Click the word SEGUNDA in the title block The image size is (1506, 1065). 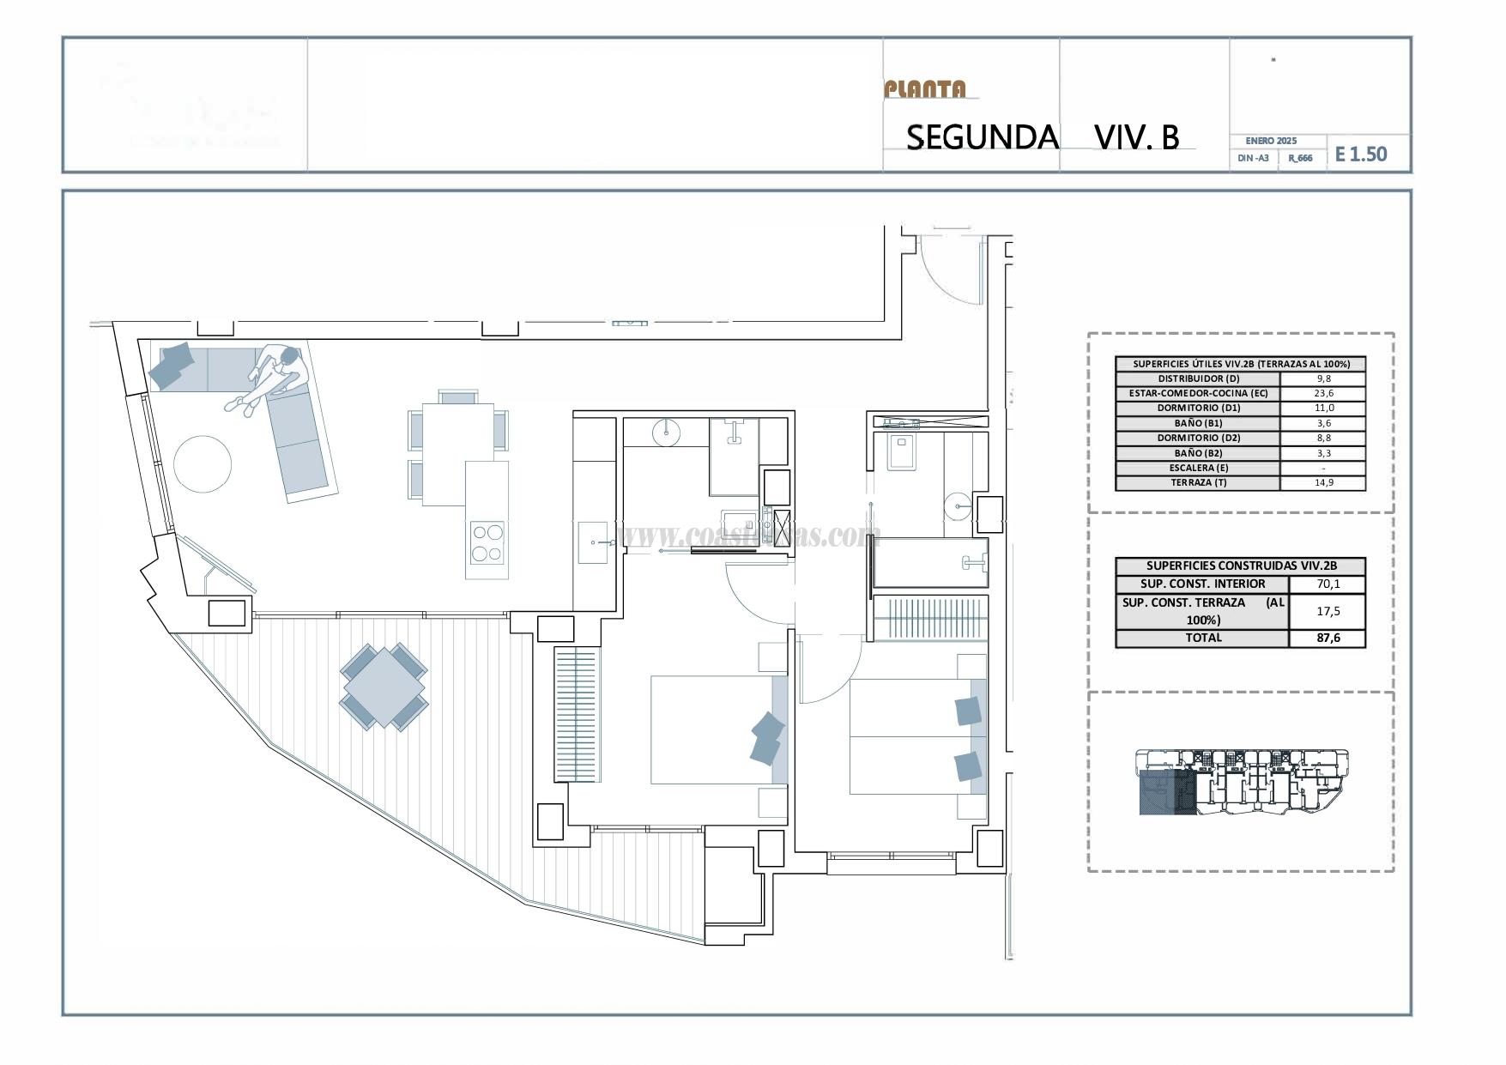(982, 137)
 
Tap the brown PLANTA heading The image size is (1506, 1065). (925, 89)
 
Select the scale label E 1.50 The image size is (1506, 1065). (1361, 154)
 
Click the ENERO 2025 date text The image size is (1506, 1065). (1271, 141)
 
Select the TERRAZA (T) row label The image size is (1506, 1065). (1198, 482)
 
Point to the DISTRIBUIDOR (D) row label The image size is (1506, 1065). (1198, 378)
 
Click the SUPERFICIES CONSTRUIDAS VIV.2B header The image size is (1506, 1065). (1240, 566)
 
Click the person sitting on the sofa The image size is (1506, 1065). (273, 378)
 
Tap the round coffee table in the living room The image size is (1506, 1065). (203, 464)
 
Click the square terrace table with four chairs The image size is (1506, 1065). (384, 687)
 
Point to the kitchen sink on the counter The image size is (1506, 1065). (593, 542)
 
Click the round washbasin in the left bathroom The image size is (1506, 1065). (666, 433)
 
